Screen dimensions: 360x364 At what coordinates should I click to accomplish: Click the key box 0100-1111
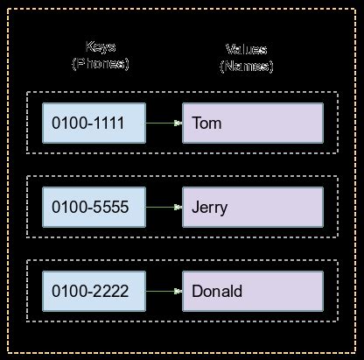pyautogui.click(x=94, y=124)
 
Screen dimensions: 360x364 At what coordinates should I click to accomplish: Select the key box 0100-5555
pyautogui.click(x=94, y=208)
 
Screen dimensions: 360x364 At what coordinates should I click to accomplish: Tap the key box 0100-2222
pyautogui.click(x=94, y=291)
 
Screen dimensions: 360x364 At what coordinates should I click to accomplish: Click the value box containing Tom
pyautogui.click(x=252, y=124)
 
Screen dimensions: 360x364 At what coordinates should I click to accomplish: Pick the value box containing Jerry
pyautogui.click(x=252, y=208)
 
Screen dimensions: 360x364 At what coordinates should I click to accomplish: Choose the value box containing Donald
pyautogui.click(x=252, y=291)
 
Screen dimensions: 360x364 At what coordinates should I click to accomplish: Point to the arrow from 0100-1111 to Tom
pyautogui.click(x=164, y=124)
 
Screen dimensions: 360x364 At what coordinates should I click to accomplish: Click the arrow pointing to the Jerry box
pyautogui.click(x=164, y=208)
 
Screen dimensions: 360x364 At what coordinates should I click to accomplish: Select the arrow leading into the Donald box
pyautogui.click(x=164, y=291)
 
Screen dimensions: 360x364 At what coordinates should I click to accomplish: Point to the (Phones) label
pyautogui.click(x=100, y=64)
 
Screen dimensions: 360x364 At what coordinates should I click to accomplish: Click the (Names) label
pyautogui.click(x=247, y=66)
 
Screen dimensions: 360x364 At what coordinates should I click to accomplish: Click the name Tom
pyautogui.click(x=206, y=124)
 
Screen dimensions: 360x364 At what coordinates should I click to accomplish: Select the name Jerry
pyautogui.click(x=209, y=208)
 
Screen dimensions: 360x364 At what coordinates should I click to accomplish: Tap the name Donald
pyautogui.click(x=216, y=291)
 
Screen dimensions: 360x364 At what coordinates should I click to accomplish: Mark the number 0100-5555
pyautogui.click(x=90, y=208)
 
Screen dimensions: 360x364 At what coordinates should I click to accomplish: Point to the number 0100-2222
pyautogui.click(x=90, y=291)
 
